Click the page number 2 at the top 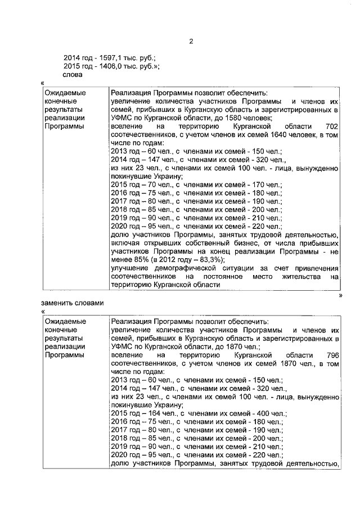pyautogui.click(x=191, y=42)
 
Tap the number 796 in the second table pyautogui.click(x=332, y=356)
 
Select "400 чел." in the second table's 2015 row pyautogui.click(x=268, y=413)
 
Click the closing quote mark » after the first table pyautogui.click(x=341, y=294)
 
